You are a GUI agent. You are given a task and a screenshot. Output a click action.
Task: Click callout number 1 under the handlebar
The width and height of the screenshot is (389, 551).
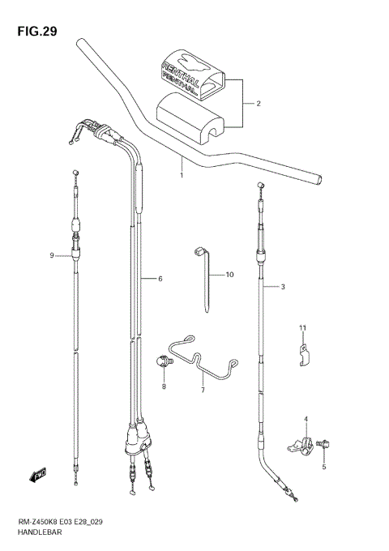(182, 174)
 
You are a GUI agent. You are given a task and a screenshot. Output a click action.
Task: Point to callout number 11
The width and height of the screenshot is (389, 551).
(301, 327)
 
